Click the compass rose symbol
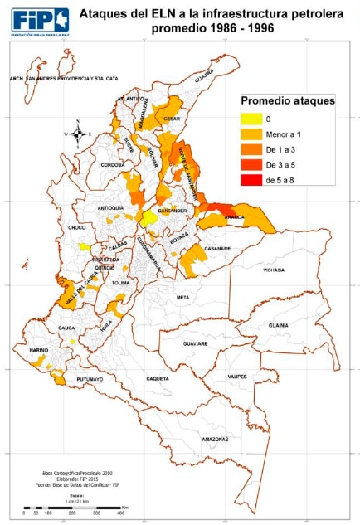tap(77, 133)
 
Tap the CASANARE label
tap(217, 249)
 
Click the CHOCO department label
tap(77, 226)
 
